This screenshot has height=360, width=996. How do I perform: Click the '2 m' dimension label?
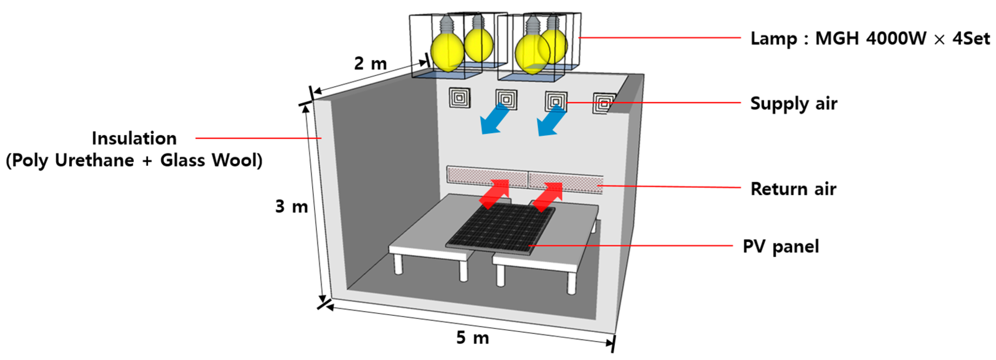coord(370,64)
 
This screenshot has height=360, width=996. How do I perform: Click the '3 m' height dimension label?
coord(291,207)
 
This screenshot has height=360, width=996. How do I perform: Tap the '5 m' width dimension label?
coord(472,338)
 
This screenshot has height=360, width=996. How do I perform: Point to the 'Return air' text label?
coord(793,189)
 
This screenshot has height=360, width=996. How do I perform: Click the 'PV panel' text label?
coord(780,246)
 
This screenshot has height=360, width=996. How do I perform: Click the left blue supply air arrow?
coord(494,121)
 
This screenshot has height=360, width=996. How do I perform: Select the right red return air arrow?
coord(549,196)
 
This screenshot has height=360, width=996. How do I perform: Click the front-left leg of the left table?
coord(398,265)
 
